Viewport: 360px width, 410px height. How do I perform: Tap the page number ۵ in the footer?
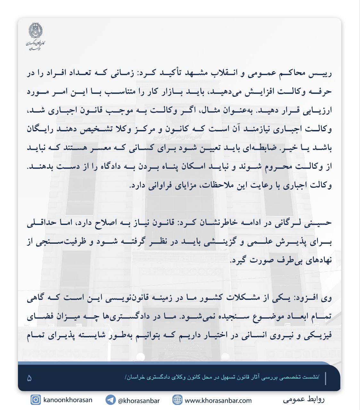29,378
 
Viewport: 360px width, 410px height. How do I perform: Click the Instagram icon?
36,400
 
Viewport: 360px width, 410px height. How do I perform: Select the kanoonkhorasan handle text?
68,400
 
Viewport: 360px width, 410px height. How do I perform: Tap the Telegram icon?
111,400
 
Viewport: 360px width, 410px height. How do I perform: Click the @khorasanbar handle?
138,400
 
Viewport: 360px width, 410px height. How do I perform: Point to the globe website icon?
177,400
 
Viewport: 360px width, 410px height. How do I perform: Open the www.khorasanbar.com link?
218,400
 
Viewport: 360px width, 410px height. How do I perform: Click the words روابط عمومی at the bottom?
304,399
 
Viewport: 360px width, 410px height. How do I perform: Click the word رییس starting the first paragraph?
322,73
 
